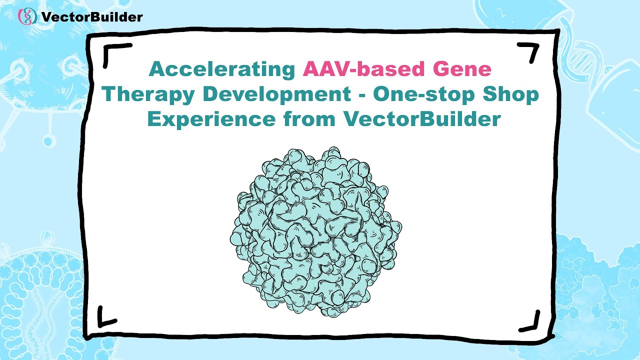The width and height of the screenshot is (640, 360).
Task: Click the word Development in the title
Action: point(284,94)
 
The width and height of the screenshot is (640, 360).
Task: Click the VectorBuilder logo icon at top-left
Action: point(27,16)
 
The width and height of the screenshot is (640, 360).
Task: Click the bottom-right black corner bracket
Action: point(531,320)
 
